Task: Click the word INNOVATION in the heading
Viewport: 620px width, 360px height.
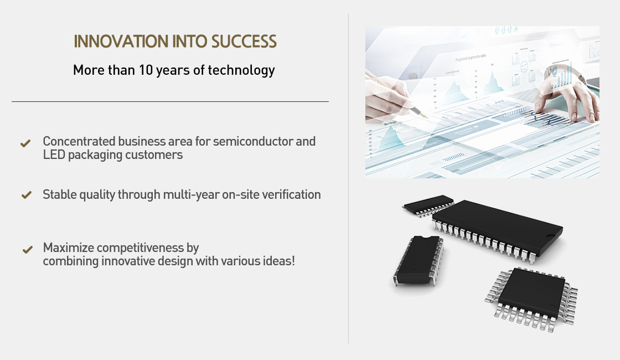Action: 121,42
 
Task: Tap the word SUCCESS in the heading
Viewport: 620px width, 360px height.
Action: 244,42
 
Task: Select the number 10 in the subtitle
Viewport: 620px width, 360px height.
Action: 146,70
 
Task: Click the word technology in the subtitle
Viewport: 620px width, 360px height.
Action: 241,70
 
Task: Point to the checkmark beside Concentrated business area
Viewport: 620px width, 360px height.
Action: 25,143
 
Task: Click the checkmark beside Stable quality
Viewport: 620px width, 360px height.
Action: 27,194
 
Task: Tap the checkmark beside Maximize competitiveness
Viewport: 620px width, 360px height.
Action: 27,250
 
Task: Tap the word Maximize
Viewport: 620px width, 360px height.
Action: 69,248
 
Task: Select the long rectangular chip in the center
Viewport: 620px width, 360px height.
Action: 498,229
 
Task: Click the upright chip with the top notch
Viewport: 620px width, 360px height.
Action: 418,260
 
